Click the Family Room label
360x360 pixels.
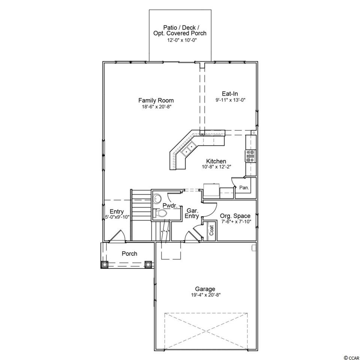click(x=156, y=100)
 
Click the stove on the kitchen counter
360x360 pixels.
click(x=250, y=156)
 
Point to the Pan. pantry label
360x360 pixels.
click(x=244, y=187)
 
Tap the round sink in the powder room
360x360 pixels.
click(x=157, y=199)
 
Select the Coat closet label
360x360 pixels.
click(x=211, y=230)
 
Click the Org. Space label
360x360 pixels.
click(x=235, y=216)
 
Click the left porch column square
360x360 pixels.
click(x=105, y=264)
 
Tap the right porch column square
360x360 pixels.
click(x=148, y=264)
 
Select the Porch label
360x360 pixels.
click(x=129, y=254)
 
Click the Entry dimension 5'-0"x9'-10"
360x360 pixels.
click(x=116, y=216)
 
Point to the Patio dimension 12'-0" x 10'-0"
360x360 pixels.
click(x=180, y=40)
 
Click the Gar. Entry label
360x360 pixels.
click(x=192, y=213)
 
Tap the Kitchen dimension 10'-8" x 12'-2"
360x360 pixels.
click(x=216, y=167)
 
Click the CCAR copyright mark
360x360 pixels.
click(x=351, y=357)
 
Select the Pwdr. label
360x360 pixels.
click(x=170, y=205)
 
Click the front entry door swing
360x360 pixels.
click(x=117, y=236)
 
